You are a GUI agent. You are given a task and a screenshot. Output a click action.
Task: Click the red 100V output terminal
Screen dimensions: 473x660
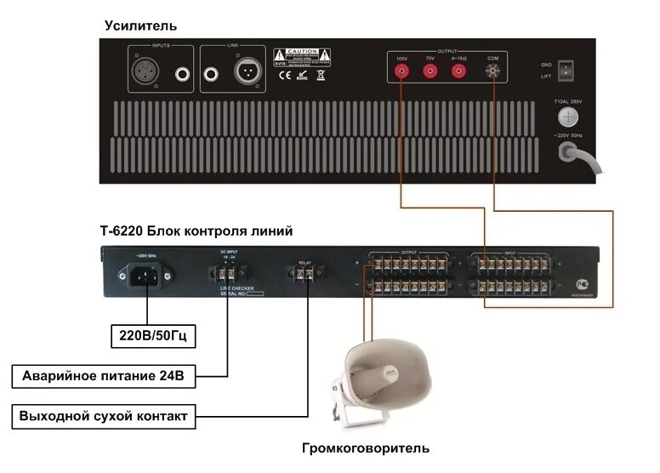coord(401,71)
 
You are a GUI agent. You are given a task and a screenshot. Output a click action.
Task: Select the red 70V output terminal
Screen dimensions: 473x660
coord(430,71)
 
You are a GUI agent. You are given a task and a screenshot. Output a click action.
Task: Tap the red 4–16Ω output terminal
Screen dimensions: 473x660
coord(459,71)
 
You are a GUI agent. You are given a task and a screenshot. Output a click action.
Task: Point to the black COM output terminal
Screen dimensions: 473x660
coord(492,71)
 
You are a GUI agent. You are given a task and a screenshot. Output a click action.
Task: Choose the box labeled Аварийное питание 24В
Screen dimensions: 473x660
coord(105,375)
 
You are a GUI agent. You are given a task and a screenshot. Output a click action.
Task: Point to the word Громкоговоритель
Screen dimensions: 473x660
coord(366,447)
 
